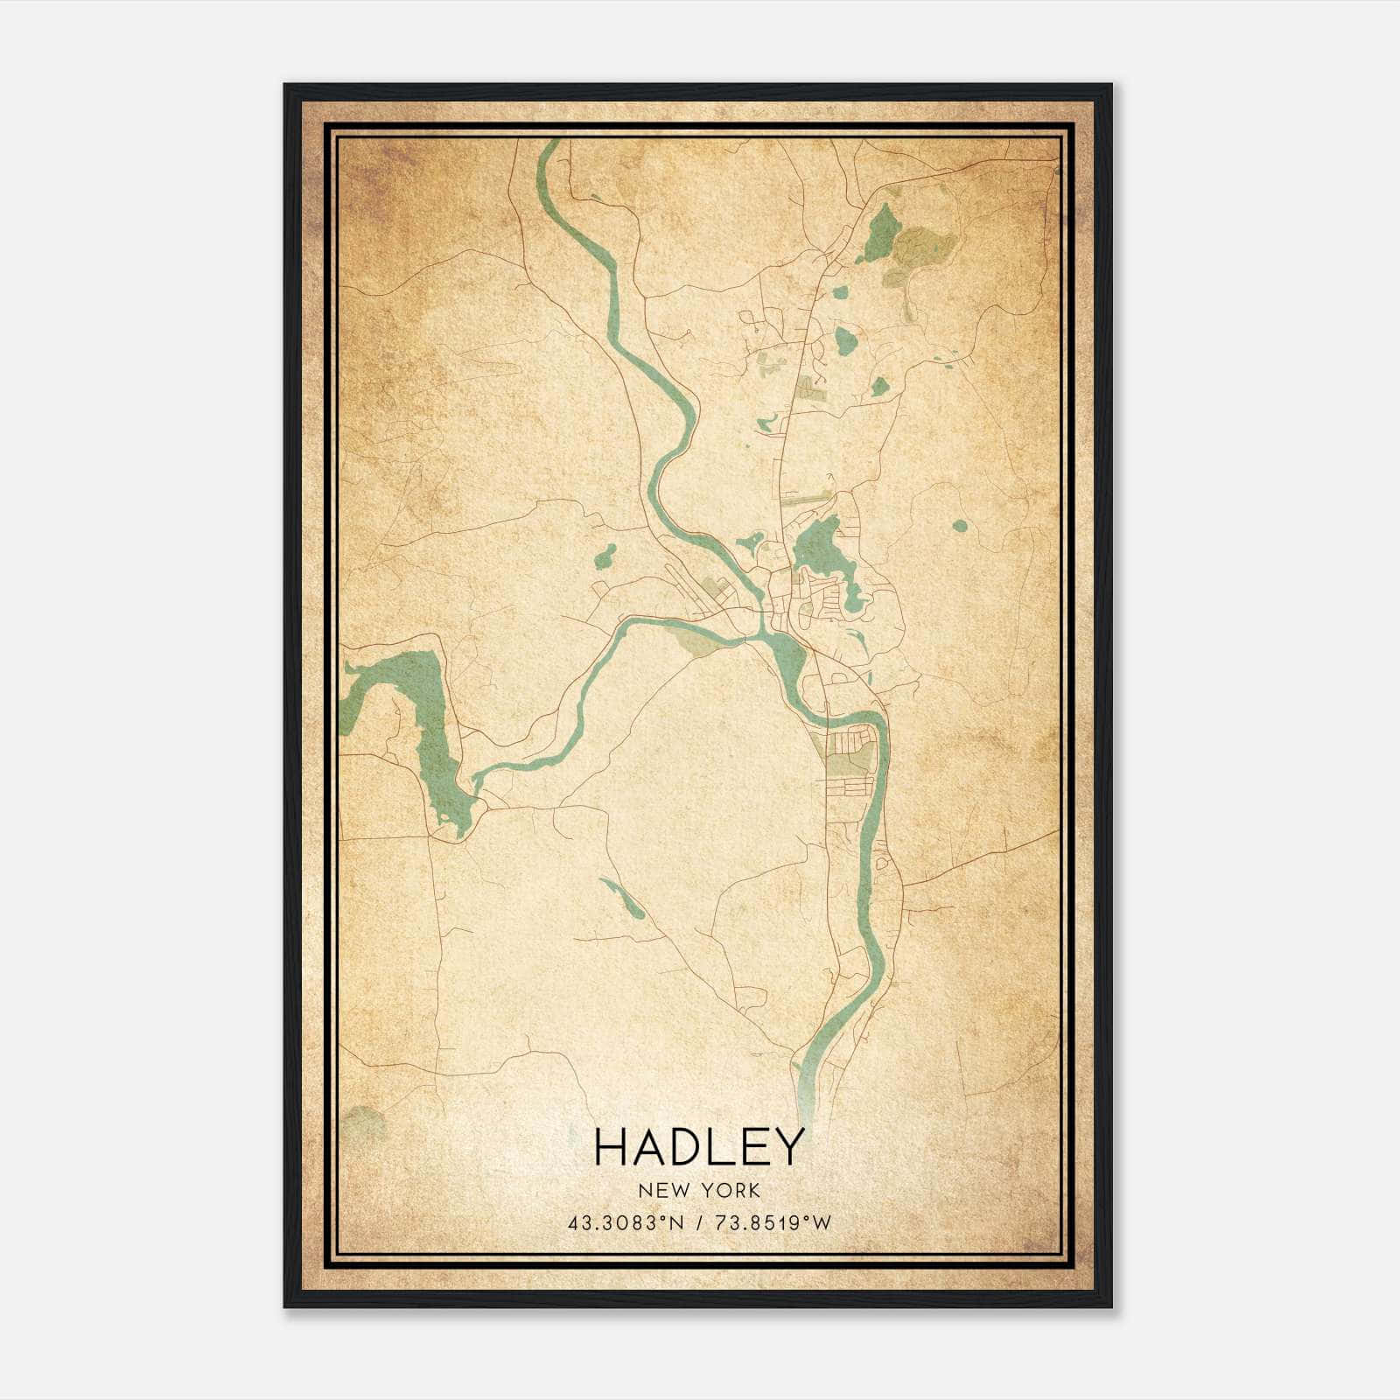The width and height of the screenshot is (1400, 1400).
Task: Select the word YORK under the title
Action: (731, 1191)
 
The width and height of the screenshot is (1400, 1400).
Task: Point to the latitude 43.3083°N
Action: (624, 1223)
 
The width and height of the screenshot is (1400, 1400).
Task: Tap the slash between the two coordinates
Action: (697, 1223)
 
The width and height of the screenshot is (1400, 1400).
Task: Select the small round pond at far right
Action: (960, 527)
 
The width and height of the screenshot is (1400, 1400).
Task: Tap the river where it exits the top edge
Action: (549, 149)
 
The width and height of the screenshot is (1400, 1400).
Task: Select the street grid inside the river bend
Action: (849, 752)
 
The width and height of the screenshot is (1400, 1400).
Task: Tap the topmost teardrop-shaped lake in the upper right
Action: (881, 232)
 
